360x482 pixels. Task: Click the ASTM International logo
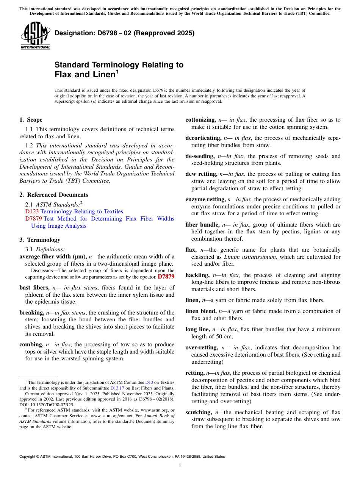[35, 36]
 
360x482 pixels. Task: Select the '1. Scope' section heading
[31, 120]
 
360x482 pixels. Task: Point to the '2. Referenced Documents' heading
[53, 195]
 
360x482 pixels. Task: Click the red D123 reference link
[32, 211]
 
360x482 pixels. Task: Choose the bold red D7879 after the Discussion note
[166, 277]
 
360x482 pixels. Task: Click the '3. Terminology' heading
[39, 240]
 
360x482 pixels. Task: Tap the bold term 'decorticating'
[203, 138]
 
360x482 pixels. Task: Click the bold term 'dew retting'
[201, 174]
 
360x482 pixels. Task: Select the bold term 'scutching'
[199, 412]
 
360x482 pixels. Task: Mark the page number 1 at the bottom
[180, 465]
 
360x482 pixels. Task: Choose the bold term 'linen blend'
[201, 311]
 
